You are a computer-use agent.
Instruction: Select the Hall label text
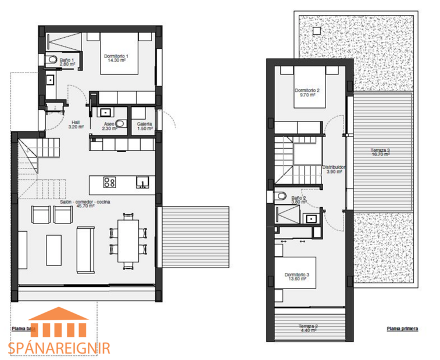point(76,124)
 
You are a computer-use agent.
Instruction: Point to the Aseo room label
point(109,126)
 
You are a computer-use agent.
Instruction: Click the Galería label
point(144,126)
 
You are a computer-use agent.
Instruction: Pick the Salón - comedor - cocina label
point(85,203)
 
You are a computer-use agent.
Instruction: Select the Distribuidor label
point(334,169)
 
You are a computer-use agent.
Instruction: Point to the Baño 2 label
point(299,200)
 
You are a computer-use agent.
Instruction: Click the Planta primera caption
point(402,329)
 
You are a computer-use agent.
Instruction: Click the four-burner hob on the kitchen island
point(109,183)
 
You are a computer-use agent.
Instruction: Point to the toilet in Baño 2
point(282,196)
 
